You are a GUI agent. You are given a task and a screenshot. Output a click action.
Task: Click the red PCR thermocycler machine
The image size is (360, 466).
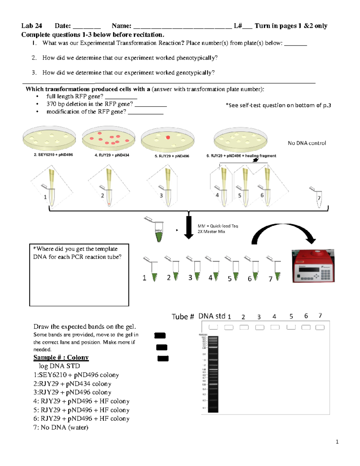pyautogui.click(x=313, y=266)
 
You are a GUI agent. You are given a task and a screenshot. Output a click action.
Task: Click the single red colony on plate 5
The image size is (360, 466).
pyautogui.click(x=168, y=137)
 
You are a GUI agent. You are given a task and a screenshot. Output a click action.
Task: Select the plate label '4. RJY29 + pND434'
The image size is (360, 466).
pyautogui.click(x=112, y=155)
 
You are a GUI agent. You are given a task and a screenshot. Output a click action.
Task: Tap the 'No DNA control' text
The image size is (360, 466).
pyautogui.click(x=307, y=143)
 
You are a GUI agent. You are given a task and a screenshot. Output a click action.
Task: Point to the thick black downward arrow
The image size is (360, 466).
pyautogui.click(x=189, y=227)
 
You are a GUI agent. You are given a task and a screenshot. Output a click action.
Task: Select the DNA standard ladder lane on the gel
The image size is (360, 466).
pyautogui.click(x=213, y=374)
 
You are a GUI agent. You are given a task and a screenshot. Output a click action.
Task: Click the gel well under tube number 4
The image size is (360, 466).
pyautogui.click(x=275, y=327)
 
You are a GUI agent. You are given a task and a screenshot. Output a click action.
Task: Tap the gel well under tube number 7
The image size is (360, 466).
pyautogui.click(x=320, y=327)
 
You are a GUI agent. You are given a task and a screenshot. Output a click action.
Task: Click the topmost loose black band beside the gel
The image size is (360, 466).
pyautogui.click(x=160, y=335)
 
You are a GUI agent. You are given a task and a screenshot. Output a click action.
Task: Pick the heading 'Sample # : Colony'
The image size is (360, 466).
pyautogui.click(x=61, y=357)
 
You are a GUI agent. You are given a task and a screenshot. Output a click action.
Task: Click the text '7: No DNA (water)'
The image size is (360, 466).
pyautogui.click(x=61, y=427)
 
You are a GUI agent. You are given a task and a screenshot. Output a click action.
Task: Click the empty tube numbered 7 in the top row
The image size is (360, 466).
pyautogui.click(x=319, y=200)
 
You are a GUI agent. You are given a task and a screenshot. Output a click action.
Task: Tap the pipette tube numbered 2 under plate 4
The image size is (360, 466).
pyautogui.click(x=109, y=197)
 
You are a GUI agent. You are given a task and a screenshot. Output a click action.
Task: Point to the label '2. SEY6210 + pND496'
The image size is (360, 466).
pyautogui.click(x=53, y=155)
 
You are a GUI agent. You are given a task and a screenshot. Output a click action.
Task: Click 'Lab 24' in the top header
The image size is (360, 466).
pyautogui.click(x=31, y=26)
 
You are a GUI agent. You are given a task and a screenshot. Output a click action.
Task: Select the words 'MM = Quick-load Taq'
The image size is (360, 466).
pyautogui.click(x=218, y=226)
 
